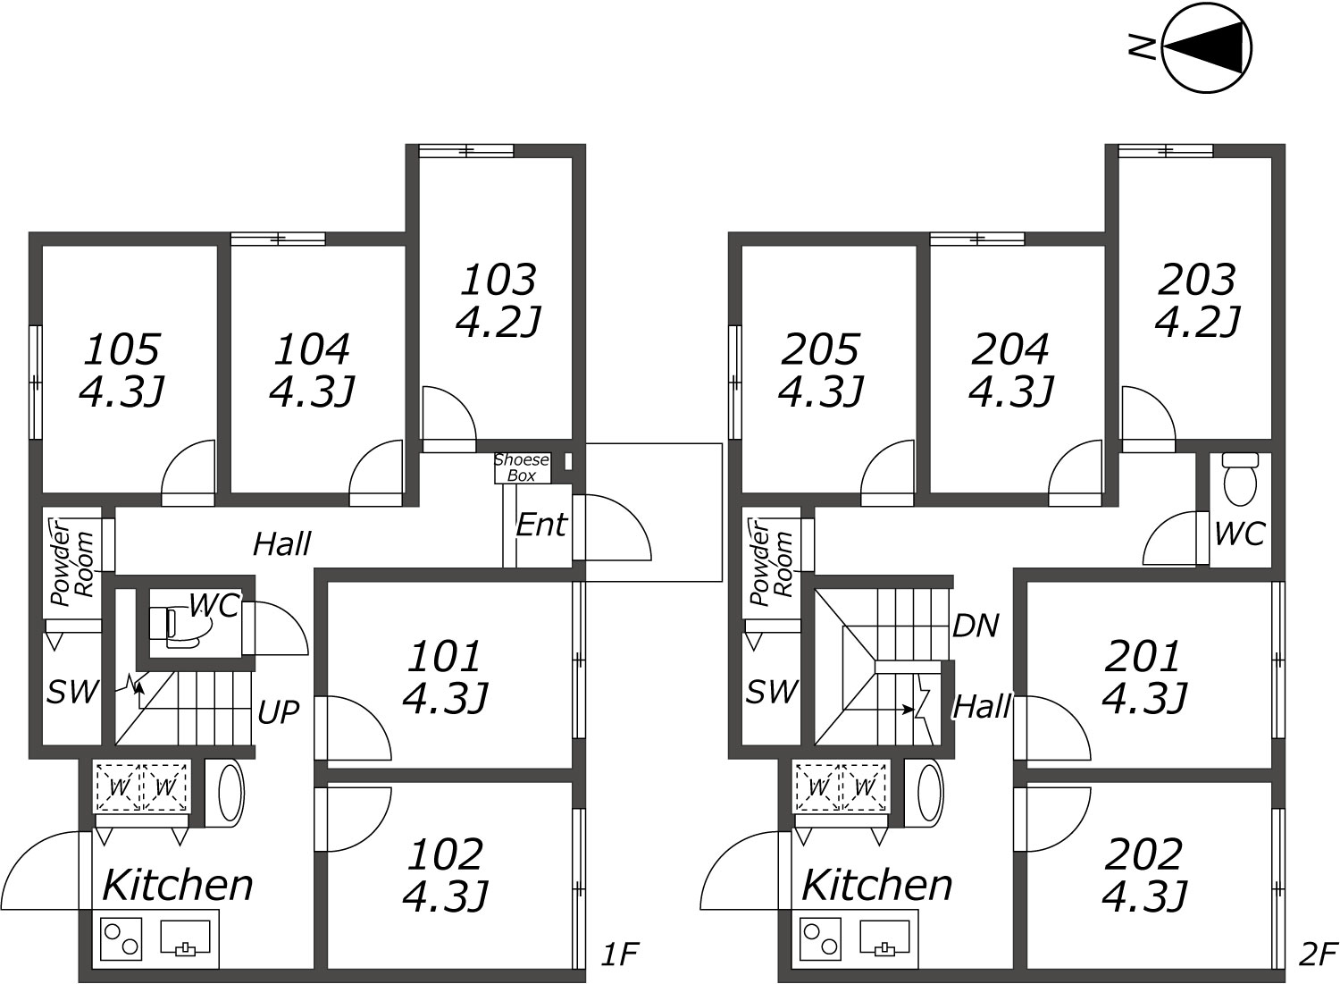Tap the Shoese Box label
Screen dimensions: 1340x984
click(x=522, y=467)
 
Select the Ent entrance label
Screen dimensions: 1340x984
click(x=540, y=525)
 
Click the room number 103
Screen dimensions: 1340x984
click(x=498, y=280)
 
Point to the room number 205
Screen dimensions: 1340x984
click(x=820, y=349)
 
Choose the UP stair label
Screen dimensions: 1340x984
click(x=278, y=711)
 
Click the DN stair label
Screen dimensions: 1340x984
click(x=976, y=627)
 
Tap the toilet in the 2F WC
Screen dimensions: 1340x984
click(x=1240, y=482)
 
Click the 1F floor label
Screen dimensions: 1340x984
click(x=620, y=955)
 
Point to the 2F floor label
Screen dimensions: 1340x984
click(x=1318, y=955)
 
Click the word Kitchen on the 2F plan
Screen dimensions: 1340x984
click(x=876, y=885)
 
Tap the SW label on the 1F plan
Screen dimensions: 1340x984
click(x=72, y=692)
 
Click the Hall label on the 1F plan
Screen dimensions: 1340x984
click(x=281, y=544)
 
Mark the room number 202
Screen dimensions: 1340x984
click(x=1143, y=854)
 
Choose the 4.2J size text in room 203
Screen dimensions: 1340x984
click(x=1197, y=322)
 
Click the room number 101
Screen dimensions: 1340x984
click(x=444, y=657)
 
